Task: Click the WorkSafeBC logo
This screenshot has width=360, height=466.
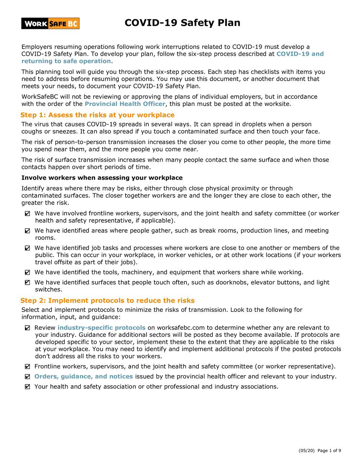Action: click(50, 23)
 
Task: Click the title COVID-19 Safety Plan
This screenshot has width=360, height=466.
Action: click(182, 23)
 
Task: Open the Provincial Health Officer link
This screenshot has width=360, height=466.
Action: click(125, 104)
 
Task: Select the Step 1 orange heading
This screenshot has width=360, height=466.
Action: click(97, 115)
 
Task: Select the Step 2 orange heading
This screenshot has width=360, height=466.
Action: click(107, 300)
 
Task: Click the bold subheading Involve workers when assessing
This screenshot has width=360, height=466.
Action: click(102, 178)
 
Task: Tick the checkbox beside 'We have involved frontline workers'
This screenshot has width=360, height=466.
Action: click(28, 214)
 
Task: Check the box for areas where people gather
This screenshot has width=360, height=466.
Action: click(28, 231)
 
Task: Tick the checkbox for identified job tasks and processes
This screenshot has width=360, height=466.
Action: click(28, 248)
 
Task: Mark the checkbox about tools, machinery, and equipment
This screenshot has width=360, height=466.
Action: click(28, 273)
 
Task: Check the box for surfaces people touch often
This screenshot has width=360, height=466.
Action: click(28, 283)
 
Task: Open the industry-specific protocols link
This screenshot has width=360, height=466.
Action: click(102, 328)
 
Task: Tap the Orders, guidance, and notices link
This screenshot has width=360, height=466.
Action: click(84, 376)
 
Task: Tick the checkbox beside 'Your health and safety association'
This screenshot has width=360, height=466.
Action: click(28, 387)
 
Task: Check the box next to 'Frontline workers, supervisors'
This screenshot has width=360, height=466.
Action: click(28, 367)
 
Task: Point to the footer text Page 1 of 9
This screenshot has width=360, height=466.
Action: click(329, 451)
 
